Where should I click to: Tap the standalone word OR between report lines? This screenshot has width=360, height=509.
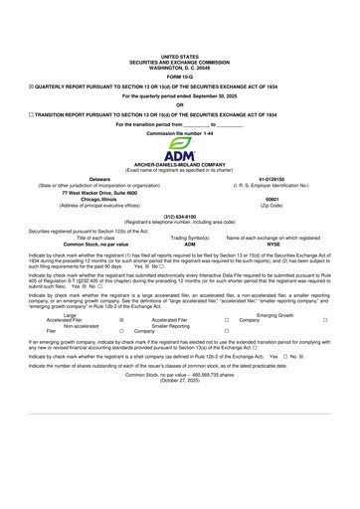click(179, 106)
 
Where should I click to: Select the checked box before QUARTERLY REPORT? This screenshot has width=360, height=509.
click(31, 87)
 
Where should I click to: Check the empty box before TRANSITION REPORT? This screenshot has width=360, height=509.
click(31, 115)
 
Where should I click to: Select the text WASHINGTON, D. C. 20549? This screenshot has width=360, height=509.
click(179, 67)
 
